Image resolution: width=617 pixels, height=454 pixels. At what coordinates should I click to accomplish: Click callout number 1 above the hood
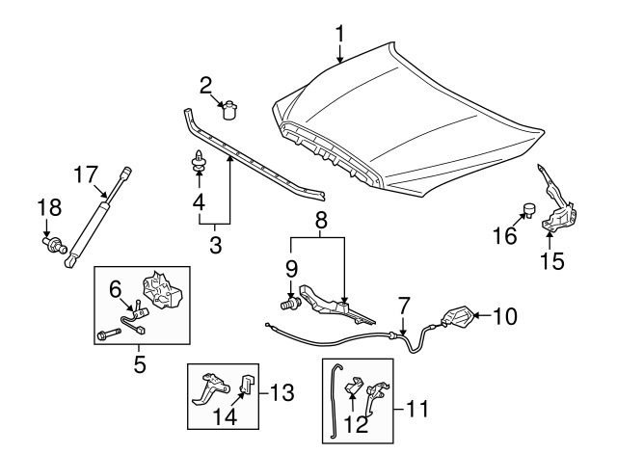339,35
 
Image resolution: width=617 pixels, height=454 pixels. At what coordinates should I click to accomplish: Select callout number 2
206,85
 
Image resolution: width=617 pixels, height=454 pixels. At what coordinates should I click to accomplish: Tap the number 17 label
87,174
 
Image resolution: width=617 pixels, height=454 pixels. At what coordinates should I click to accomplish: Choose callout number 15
550,259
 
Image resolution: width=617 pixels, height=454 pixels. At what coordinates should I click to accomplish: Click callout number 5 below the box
139,365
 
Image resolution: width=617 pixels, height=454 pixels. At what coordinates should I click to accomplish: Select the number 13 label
279,392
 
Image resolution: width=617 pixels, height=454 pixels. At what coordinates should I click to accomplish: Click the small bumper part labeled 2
230,111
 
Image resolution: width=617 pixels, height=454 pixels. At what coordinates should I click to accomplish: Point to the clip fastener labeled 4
198,165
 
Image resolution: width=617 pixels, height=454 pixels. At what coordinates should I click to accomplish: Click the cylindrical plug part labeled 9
287,306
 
